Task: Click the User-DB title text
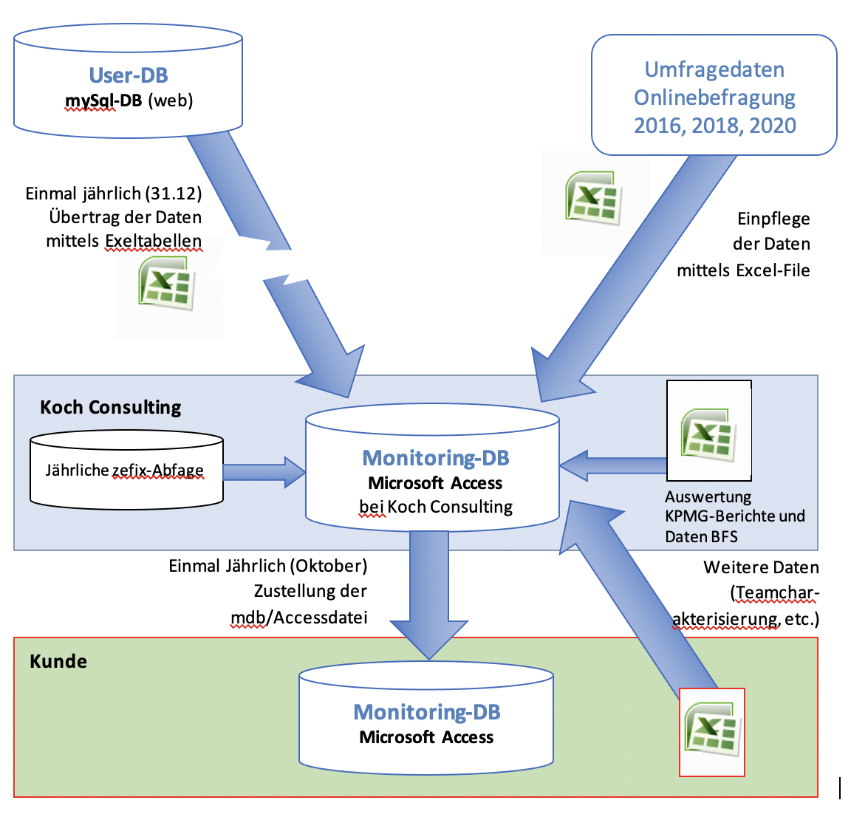coord(129,75)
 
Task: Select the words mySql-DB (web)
coord(129,100)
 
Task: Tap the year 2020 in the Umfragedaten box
coord(773,125)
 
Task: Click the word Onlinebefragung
coord(714,98)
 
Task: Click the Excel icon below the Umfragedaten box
coord(593,197)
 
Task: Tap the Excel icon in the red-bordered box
coord(712,731)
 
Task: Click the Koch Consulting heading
coord(111,407)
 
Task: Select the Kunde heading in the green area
coord(58,661)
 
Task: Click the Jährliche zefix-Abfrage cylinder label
coord(125,471)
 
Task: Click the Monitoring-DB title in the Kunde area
coord(427,712)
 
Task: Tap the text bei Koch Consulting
coord(436,507)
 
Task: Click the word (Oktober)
coord(328,566)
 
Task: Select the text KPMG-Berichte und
coord(735,516)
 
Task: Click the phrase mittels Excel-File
coord(743,270)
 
